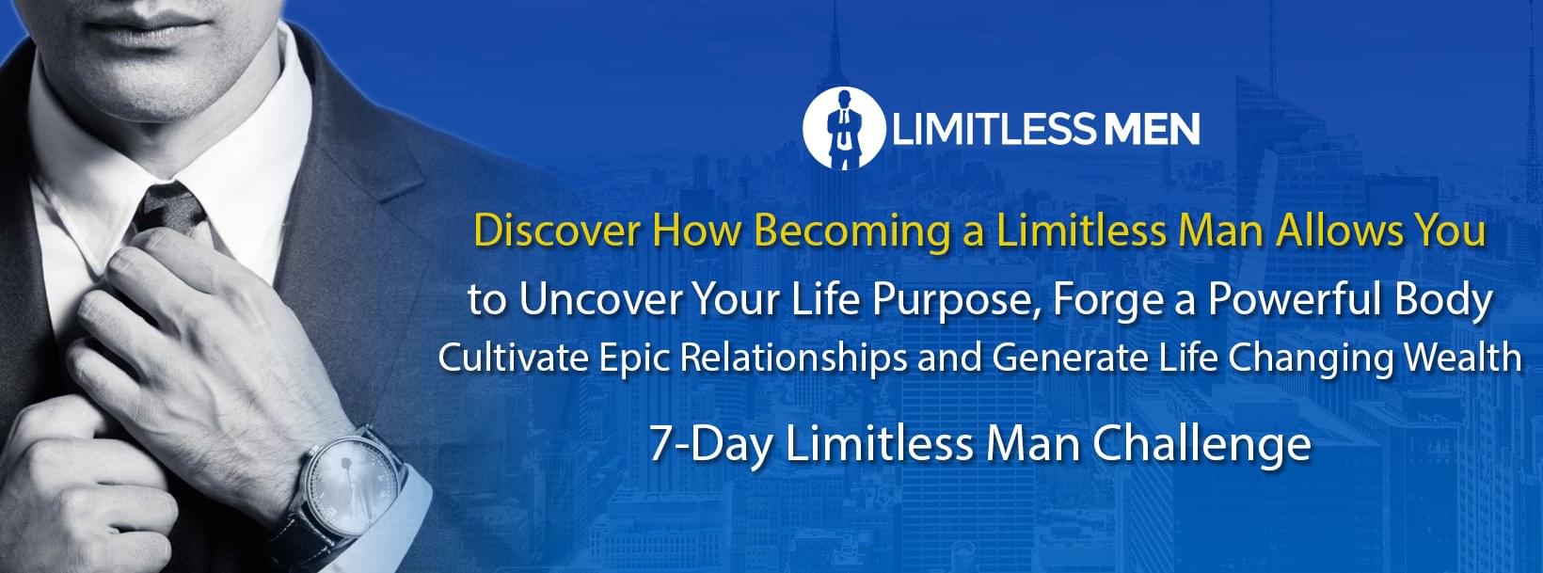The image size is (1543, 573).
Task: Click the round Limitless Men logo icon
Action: [x=844, y=127]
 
